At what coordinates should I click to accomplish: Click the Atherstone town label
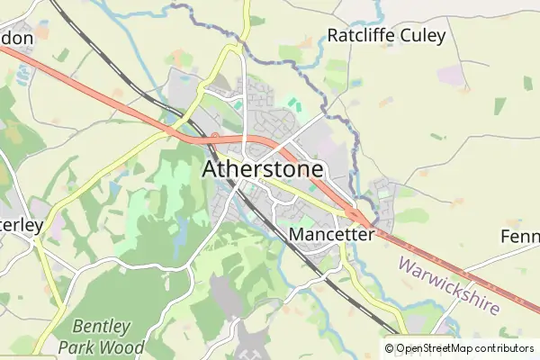point(263,169)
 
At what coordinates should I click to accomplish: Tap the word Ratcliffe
point(363,37)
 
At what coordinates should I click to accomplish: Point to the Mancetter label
point(332,234)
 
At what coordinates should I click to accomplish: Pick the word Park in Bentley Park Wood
point(76,346)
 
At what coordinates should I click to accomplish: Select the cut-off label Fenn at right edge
point(521,237)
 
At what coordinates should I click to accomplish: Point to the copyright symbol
point(389,348)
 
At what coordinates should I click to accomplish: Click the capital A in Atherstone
point(211,169)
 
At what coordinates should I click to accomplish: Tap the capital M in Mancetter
point(298,234)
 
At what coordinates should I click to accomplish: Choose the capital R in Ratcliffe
point(333,37)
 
